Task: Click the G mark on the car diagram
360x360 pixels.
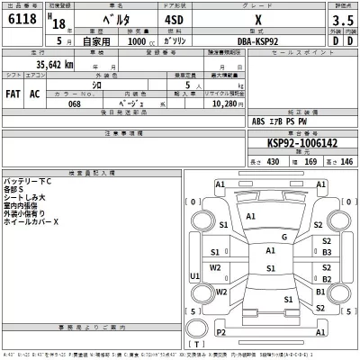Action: click(283, 237)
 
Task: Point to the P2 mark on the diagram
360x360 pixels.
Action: click(221, 332)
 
